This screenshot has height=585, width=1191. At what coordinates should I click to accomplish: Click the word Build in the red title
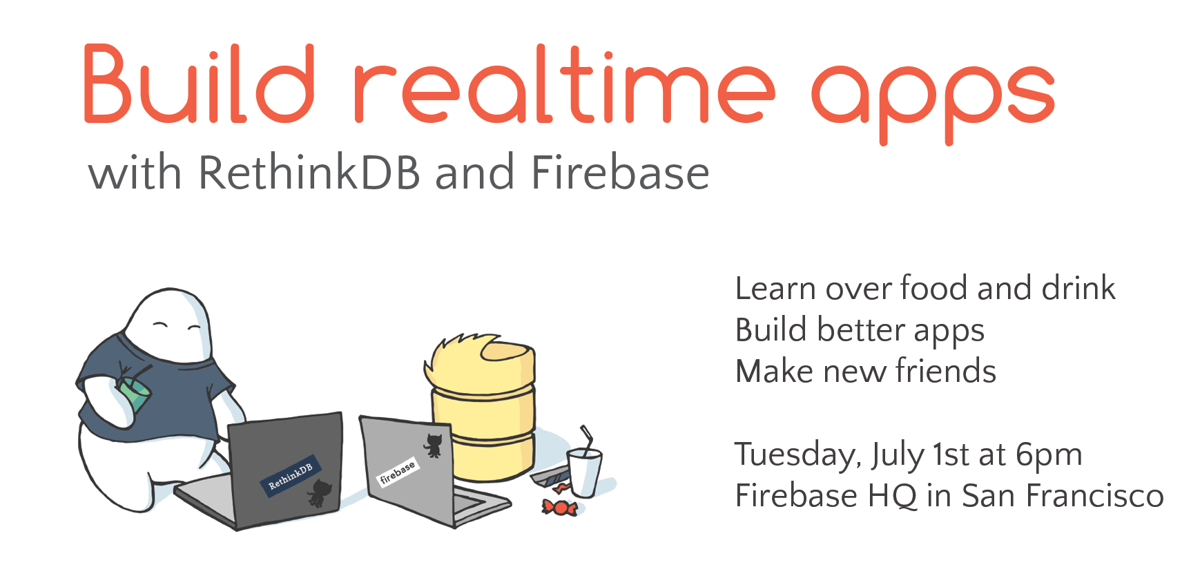pyautogui.click(x=200, y=84)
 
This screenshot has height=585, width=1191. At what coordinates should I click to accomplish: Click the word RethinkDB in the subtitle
pyautogui.click(x=309, y=172)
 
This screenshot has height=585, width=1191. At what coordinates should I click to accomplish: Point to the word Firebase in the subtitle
pyautogui.click(x=620, y=172)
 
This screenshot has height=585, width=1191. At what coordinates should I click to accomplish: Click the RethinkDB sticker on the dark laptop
pyautogui.click(x=291, y=474)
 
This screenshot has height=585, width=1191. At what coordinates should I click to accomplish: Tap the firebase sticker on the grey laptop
pyautogui.click(x=398, y=472)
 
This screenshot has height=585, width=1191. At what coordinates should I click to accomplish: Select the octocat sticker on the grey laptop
pyautogui.click(x=434, y=445)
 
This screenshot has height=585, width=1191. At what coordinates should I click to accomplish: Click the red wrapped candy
pyautogui.click(x=559, y=508)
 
